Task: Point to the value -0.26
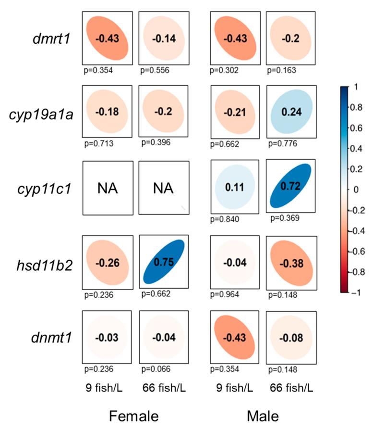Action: [x=107, y=263]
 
